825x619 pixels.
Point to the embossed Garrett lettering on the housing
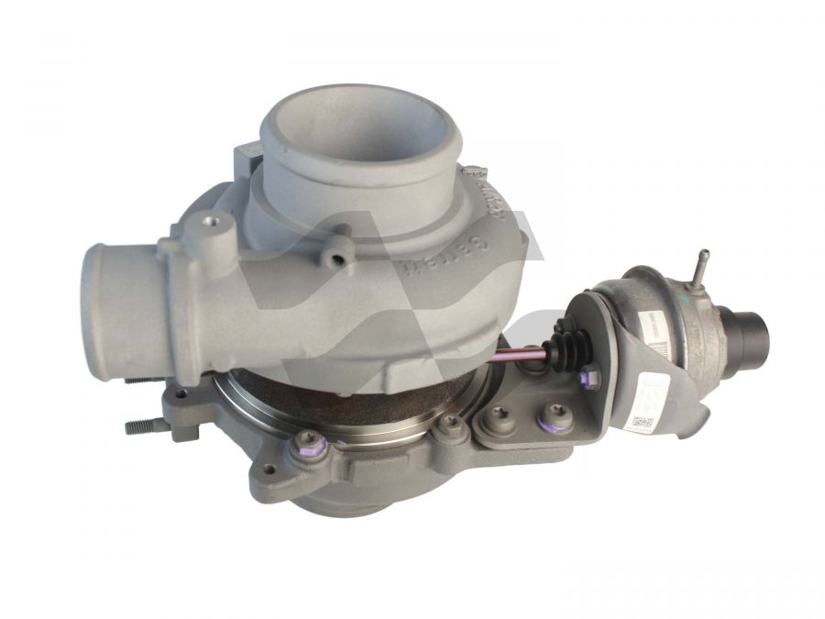pos(467,235)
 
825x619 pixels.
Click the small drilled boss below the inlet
pos(345,260)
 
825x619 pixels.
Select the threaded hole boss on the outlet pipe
pos(214,222)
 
